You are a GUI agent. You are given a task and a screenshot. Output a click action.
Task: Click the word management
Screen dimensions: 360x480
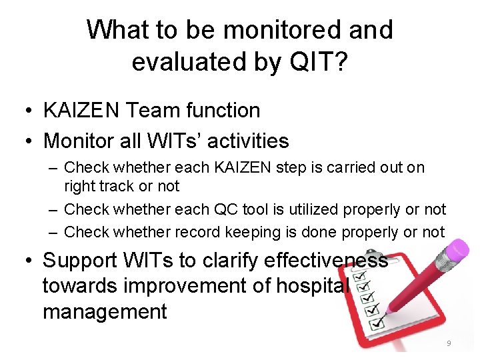coord(105,311)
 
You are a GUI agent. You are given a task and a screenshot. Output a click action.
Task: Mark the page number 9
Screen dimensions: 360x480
coord(449,343)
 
